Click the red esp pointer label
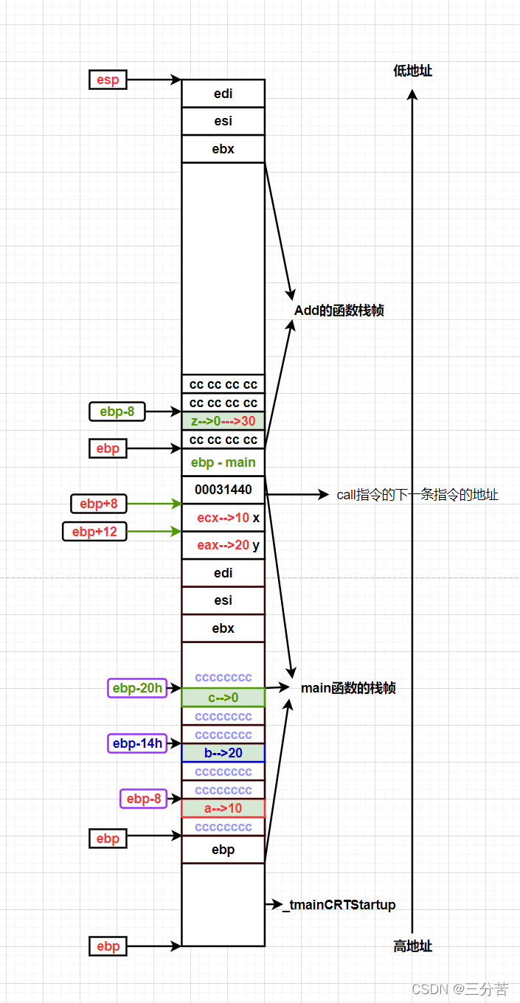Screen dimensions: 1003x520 108,80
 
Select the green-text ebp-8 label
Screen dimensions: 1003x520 117,412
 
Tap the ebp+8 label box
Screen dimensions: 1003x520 98,504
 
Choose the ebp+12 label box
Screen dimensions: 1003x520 94,531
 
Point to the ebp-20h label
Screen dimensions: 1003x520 137,688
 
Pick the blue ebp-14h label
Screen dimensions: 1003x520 137,743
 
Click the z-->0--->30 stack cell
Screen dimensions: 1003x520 223,421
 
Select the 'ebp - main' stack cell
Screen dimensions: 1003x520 223,462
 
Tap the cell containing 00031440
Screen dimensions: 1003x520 223,490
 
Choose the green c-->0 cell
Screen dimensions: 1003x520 223,697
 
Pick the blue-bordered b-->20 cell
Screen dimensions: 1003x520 223,753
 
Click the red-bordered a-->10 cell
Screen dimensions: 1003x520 223,808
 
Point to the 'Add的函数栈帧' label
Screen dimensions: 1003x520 339,310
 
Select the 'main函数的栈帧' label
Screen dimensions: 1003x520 348,688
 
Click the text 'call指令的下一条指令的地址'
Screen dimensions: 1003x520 417,495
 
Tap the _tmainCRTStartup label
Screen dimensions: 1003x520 339,905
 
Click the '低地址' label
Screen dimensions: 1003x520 413,71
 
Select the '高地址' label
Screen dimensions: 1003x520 413,946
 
